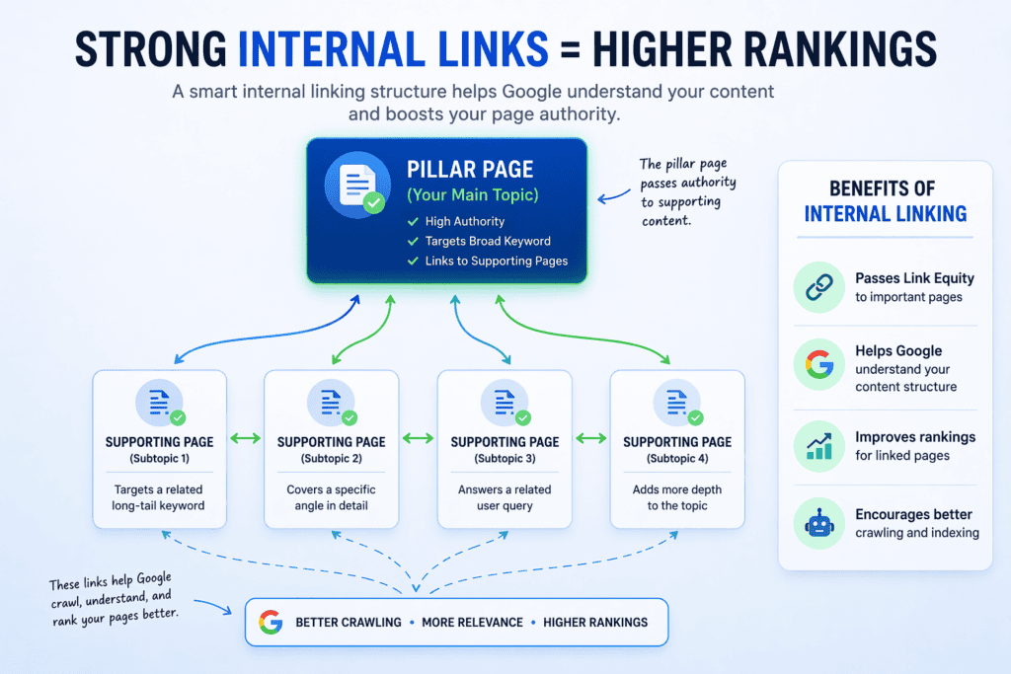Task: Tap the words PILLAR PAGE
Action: point(471,171)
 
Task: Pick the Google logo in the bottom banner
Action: point(271,623)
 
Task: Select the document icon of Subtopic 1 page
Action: point(158,403)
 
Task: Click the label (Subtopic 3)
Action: point(505,459)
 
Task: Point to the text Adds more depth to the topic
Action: point(676,497)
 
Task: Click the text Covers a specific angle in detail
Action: point(332,497)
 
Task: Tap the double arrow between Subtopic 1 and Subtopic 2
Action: point(245,438)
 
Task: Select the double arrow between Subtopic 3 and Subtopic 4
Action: point(590,438)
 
